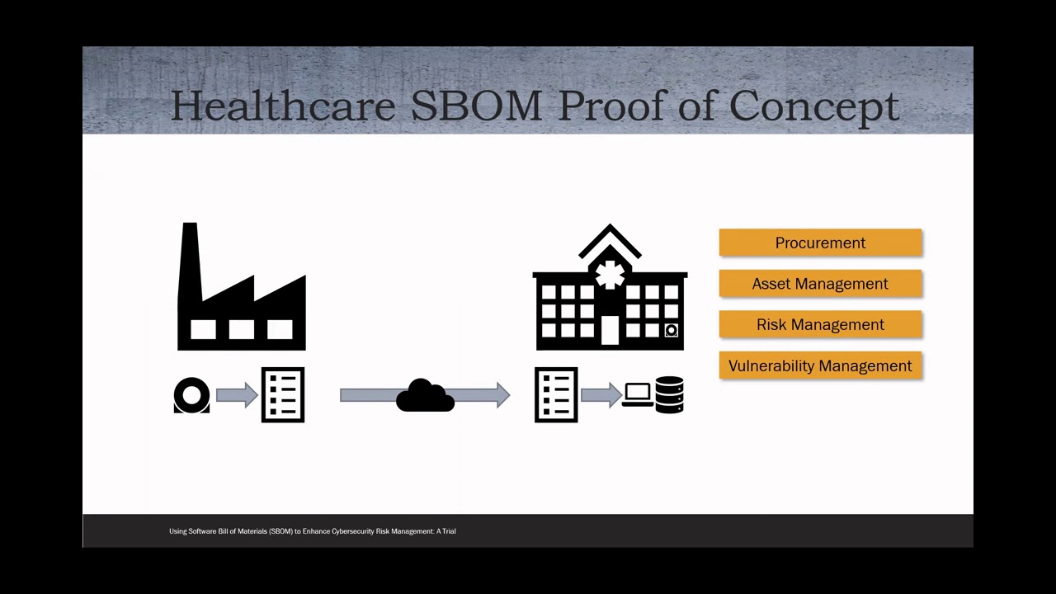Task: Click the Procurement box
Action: pos(820,243)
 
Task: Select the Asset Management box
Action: pos(820,284)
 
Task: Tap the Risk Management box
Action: pos(820,324)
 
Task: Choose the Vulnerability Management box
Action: pos(820,365)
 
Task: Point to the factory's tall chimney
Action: pos(190,256)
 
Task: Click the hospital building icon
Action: pos(610,297)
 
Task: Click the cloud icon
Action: pos(425,396)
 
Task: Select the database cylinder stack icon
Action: pos(669,394)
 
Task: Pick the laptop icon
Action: pos(638,395)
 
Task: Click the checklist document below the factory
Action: pos(283,395)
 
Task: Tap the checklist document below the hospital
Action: pos(556,395)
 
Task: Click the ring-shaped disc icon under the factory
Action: pos(192,395)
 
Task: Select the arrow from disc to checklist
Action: pos(237,395)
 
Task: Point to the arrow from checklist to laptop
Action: pos(601,395)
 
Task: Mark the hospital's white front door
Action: pos(610,329)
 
